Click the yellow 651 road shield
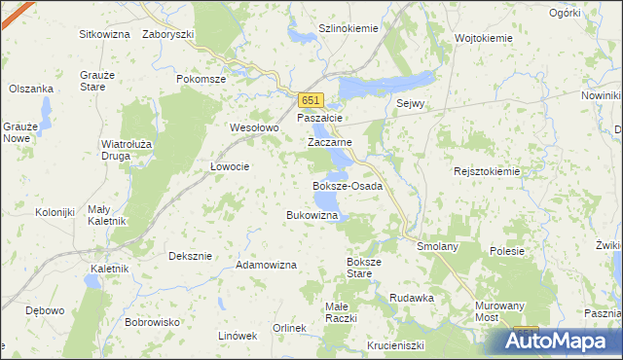311,100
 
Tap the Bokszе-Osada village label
347,185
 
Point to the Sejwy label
413,103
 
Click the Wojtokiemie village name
484,38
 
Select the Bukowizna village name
311,214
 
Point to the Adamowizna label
266,265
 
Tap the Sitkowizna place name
105,34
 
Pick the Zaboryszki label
168,34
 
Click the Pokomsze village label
202,79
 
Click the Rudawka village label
411,298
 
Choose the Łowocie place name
231,166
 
